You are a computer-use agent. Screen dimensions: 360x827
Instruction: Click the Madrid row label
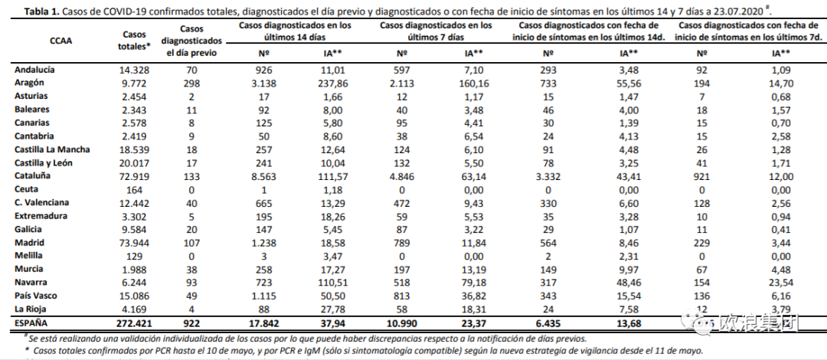pyautogui.click(x=29, y=242)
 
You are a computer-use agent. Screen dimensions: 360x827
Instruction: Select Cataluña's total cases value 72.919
pyautogui.click(x=137, y=175)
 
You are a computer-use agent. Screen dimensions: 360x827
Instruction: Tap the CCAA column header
pyautogui.click(x=60, y=41)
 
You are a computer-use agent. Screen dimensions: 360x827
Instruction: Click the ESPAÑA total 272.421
pyautogui.click(x=137, y=323)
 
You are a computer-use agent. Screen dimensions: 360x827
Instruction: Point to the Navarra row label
pyautogui.click(x=32, y=282)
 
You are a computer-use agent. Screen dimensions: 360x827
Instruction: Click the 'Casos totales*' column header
pyautogui.click(x=137, y=41)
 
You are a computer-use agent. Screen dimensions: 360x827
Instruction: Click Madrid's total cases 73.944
pyautogui.click(x=137, y=242)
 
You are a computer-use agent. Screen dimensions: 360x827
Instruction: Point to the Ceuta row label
pyautogui.click(x=27, y=188)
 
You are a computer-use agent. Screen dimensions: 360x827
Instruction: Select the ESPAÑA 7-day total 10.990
pyautogui.click(x=402, y=323)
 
